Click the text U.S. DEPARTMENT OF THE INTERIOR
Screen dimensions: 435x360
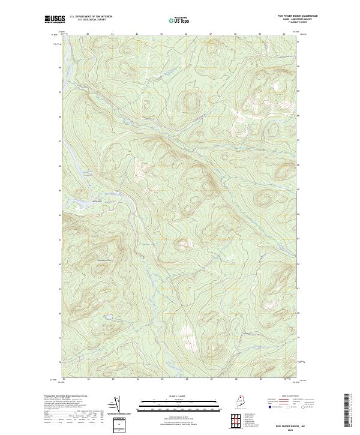pos(91,16)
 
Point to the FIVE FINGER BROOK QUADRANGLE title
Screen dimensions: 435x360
pos(292,16)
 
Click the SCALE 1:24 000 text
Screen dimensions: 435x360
pos(180,397)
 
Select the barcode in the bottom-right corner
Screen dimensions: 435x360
pos(353,414)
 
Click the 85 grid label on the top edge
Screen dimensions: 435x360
pos(161,34)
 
